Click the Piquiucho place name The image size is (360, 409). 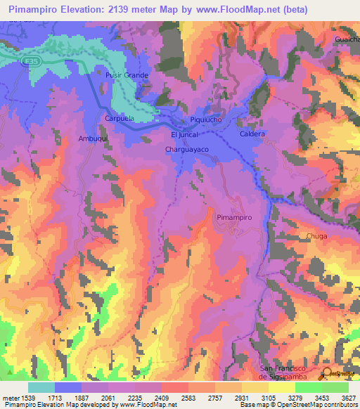[x=206, y=120]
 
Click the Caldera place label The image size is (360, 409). [x=252, y=134]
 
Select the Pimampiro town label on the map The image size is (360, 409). [x=234, y=218]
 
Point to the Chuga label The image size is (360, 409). [x=317, y=236]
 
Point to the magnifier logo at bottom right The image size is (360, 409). [x=327, y=373]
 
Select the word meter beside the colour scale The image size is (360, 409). [x=10, y=398]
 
